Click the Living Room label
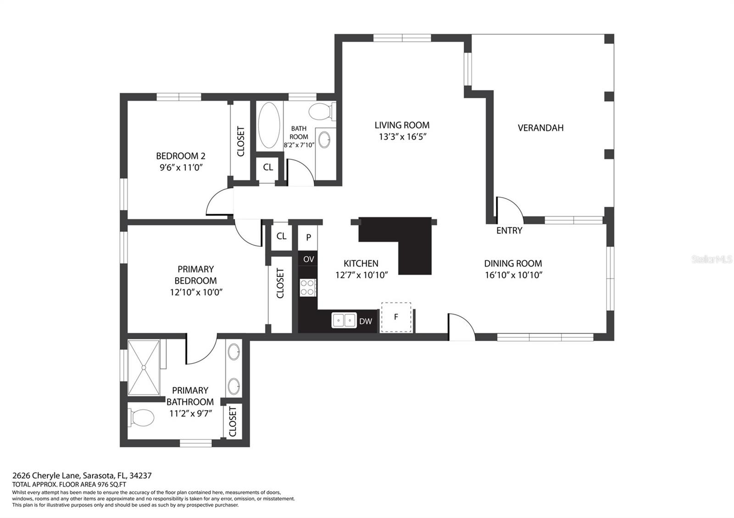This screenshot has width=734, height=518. (x=402, y=125)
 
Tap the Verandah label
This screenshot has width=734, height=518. (x=540, y=128)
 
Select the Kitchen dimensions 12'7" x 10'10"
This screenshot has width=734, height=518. (x=361, y=275)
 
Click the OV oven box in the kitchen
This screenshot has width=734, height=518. (x=308, y=259)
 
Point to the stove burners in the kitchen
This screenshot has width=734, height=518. (x=307, y=287)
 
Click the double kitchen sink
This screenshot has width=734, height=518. (x=344, y=320)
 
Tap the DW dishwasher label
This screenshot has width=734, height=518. (x=366, y=321)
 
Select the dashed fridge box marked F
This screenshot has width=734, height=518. (x=396, y=317)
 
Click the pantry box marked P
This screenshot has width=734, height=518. (x=309, y=237)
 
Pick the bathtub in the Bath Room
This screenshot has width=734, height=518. (x=269, y=125)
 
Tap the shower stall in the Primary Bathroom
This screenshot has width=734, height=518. (x=144, y=367)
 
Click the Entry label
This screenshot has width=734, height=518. (x=509, y=231)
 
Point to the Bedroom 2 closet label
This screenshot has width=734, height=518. (x=240, y=141)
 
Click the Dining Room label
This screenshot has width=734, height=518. (x=513, y=264)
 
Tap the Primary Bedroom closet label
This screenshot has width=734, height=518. (x=280, y=283)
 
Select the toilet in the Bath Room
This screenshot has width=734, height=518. (x=320, y=111)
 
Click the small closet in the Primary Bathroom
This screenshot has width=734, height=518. (x=232, y=421)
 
